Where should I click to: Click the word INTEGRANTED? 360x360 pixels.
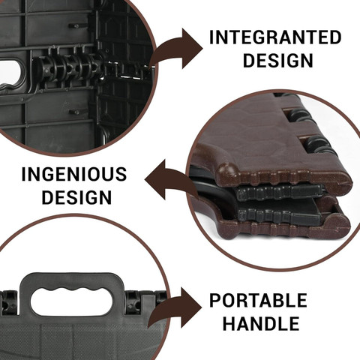[x=275, y=37]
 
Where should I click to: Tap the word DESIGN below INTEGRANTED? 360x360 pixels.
[x=278, y=61]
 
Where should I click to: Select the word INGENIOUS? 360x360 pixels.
[x=74, y=174]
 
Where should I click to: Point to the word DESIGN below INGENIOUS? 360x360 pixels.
[x=76, y=197]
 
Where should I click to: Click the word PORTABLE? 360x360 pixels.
[x=258, y=301]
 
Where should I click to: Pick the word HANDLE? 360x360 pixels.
[x=261, y=323]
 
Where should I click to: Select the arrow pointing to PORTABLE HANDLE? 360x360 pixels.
[x=175, y=308]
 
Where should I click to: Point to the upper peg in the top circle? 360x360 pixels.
[x=74, y=25]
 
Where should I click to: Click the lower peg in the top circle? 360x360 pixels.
[x=74, y=112]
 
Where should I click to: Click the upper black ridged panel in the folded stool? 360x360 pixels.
[x=279, y=193]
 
